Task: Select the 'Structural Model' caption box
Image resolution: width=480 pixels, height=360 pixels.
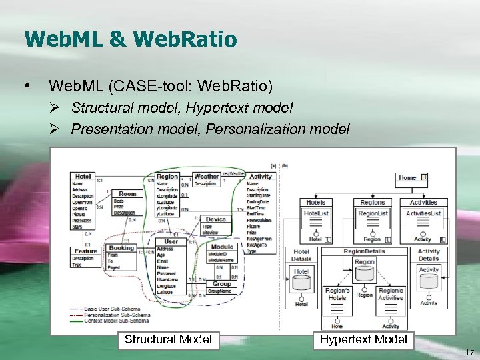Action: click(x=169, y=339)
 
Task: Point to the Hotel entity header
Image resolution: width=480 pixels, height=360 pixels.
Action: click(x=83, y=176)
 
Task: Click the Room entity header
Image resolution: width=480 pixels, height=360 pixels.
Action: click(x=127, y=194)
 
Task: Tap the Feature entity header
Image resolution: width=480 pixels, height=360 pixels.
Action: click(x=86, y=251)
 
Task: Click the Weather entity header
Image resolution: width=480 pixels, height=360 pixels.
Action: click(x=206, y=177)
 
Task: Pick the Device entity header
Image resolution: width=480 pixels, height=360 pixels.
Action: click(x=215, y=219)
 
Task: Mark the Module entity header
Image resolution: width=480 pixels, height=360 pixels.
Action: click(x=222, y=247)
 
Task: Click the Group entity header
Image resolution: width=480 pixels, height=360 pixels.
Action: click(x=222, y=283)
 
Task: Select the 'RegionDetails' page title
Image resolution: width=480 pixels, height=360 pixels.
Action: click(x=364, y=251)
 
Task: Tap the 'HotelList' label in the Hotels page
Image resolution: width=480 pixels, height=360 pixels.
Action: click(x=316, y=213)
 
